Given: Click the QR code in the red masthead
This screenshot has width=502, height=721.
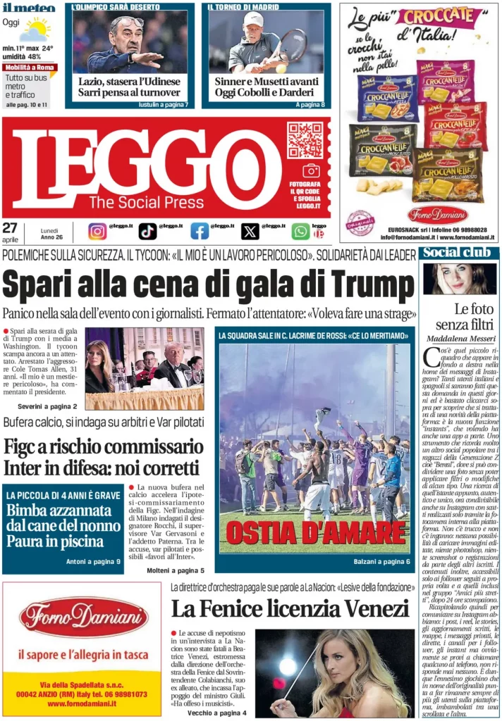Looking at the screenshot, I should coord(305,140).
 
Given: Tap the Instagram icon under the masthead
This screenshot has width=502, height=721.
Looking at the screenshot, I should coord(97,231).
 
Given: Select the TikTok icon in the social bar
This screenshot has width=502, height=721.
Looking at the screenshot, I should coord(147,231).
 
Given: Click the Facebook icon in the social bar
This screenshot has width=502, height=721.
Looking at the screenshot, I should coord(200,231).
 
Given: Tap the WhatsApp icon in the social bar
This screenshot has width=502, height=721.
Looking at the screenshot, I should coord(300,231).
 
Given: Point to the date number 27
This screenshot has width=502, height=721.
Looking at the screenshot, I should coord(10,227).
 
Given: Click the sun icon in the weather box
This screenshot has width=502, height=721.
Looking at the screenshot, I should coord(35,30).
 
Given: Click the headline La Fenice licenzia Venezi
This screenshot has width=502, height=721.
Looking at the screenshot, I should coord(290,608).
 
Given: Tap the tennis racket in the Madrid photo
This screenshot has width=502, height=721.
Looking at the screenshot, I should coord(291,44).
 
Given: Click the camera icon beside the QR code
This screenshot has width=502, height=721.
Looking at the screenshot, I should coord(311,170).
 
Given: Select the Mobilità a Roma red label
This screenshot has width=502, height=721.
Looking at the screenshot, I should coord(29,68).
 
